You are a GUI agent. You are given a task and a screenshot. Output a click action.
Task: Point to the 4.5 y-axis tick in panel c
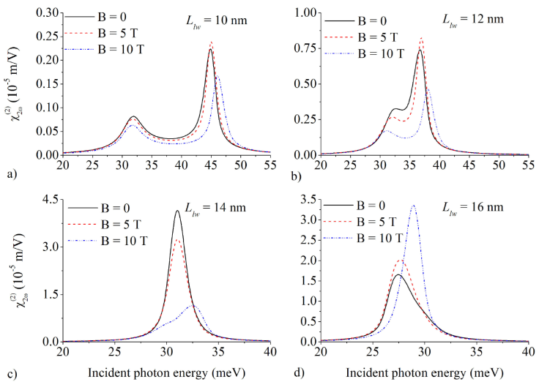[51, 199]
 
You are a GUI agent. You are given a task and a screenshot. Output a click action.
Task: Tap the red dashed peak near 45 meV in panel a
[212, 42]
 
